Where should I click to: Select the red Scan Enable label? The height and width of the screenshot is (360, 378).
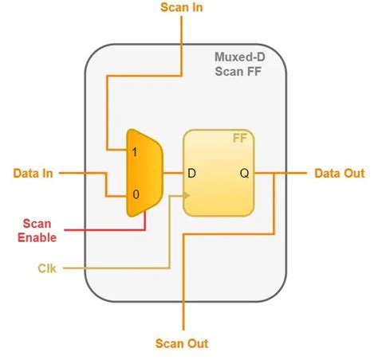[x=36, y=231]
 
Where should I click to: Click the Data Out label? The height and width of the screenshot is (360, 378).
[x=339, y=172]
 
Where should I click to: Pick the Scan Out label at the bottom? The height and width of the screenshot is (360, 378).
[x=182, y=343]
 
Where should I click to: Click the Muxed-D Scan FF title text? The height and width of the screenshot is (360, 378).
[x=239, y=65]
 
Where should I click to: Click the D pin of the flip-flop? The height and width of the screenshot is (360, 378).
[x=191, y=172]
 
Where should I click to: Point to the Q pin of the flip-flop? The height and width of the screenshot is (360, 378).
[x=243, y=172]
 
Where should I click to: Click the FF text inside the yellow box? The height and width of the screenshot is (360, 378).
[x=239, y=138]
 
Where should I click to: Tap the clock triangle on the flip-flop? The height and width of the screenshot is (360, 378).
[x=188, y=195]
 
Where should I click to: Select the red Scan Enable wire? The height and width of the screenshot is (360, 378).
[x=104, y=231]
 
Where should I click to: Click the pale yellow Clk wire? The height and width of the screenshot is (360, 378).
[x=120, y=268]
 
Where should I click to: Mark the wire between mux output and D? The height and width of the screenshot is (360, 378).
[x=174, y=172]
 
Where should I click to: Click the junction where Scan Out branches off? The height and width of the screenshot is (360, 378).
[x=274, y=172]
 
